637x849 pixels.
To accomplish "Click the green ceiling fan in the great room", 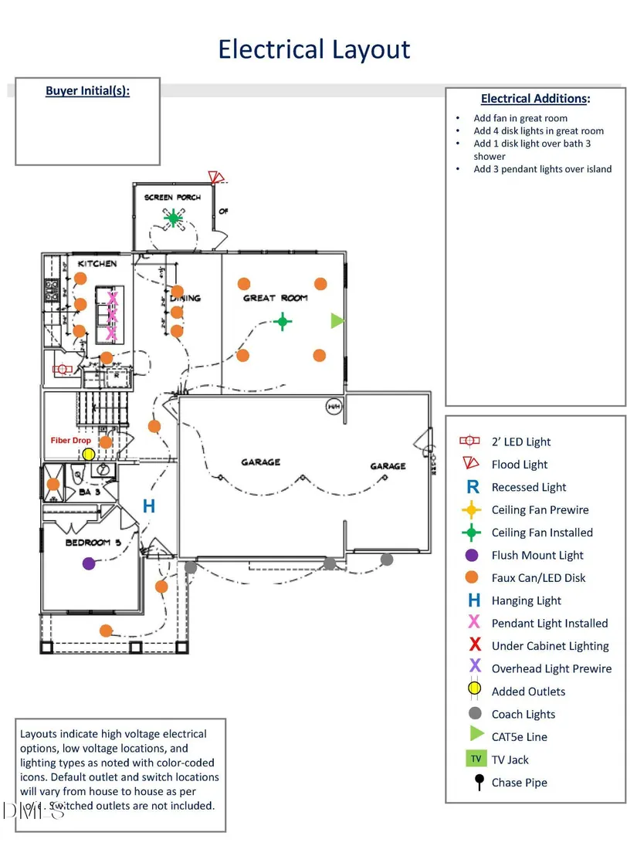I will tap(283, 321).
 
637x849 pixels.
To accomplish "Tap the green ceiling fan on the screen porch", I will tap(174, 219).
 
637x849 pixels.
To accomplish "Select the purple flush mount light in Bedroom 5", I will tap(89, 563).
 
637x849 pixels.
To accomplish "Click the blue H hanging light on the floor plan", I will tap(149, 506).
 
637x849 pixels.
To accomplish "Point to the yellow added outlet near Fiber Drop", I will tap(89, 454).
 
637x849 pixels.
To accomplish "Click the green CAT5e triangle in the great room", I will tap(337, 320).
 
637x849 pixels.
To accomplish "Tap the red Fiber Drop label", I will tap(71, 441).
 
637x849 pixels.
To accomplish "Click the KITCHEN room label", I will tap(97, 264).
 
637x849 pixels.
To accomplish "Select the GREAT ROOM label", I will tap(276, 298).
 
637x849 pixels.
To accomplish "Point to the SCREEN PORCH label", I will tap(172, 198).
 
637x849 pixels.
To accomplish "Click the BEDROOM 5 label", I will tap(93, 543).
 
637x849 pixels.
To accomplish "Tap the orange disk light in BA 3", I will tap(53, 484).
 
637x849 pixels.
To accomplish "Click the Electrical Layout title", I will tap(313, 49).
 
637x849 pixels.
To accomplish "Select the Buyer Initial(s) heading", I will tap(87, 91).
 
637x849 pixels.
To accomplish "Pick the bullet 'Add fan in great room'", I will tap(520, 118).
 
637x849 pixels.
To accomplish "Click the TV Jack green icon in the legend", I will tap(476, 759).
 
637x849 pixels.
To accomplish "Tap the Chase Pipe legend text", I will tap(520, 783).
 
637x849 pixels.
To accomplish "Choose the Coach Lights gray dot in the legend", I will tap(475, 714).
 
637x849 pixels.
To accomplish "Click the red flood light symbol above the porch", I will tap(215, 178).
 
